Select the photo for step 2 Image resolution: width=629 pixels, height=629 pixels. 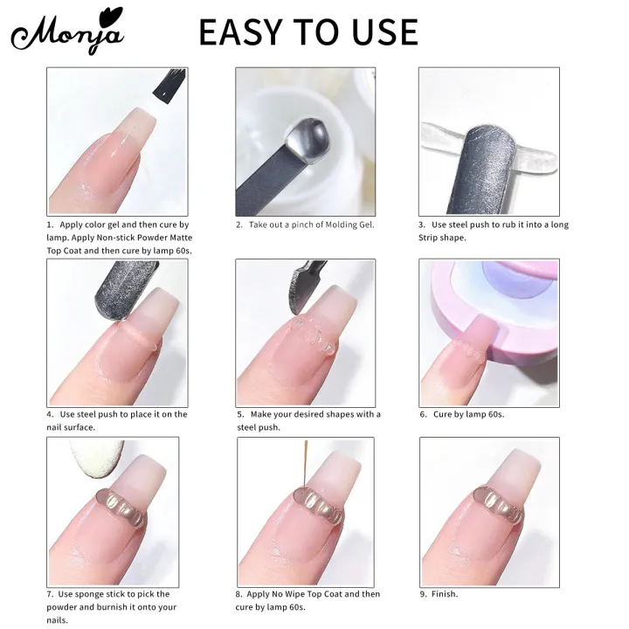[x=305, y=142]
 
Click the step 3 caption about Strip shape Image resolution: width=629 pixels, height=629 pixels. [x=493, y=231]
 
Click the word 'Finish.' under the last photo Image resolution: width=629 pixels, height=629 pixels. [x=444, y=594]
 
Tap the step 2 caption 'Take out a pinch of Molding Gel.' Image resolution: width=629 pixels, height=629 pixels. [x=305, y=225]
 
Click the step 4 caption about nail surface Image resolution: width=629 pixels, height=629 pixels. [x=117, y=420]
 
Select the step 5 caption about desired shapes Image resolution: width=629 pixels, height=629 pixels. [x=308, y=420]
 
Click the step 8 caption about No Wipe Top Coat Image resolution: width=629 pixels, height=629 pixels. [x=308, y=600]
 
